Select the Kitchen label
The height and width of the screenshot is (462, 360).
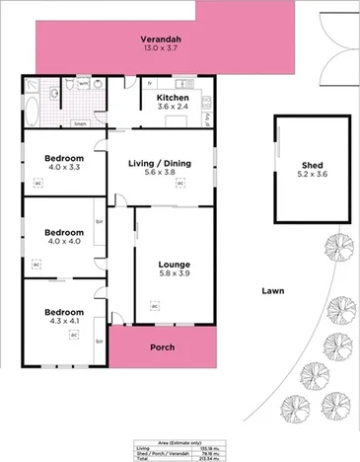click(172, 99)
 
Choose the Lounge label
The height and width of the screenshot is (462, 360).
click(174, 264)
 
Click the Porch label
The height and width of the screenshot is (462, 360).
click(162, 347)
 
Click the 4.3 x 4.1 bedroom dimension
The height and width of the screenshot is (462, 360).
click(64, 321)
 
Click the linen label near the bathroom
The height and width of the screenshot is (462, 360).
click(80, 124)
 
